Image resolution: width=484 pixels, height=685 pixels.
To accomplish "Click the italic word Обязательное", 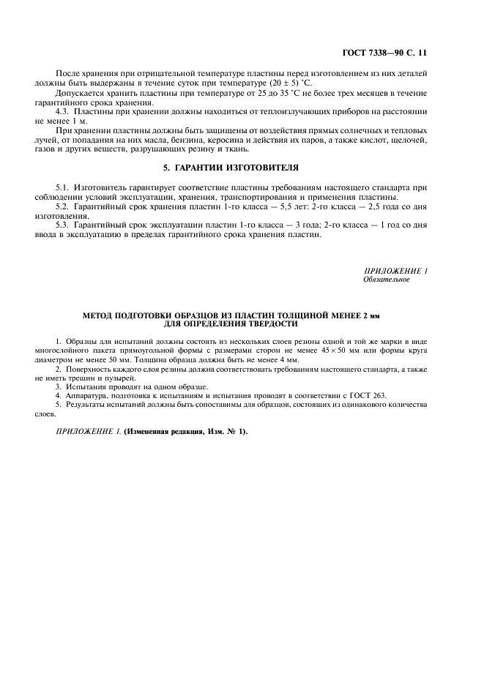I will click(386, 280).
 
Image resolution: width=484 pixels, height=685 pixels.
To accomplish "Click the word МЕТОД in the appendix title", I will click(102, 315).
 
